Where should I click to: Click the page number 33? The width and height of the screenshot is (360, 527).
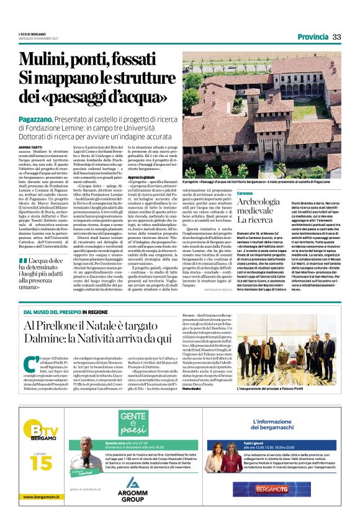pos(337,37)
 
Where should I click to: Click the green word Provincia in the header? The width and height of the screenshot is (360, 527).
pos(312,37)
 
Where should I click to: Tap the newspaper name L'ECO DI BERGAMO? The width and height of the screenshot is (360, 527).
pos(31,34)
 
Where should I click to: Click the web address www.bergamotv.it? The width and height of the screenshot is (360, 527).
pos(42,497)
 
